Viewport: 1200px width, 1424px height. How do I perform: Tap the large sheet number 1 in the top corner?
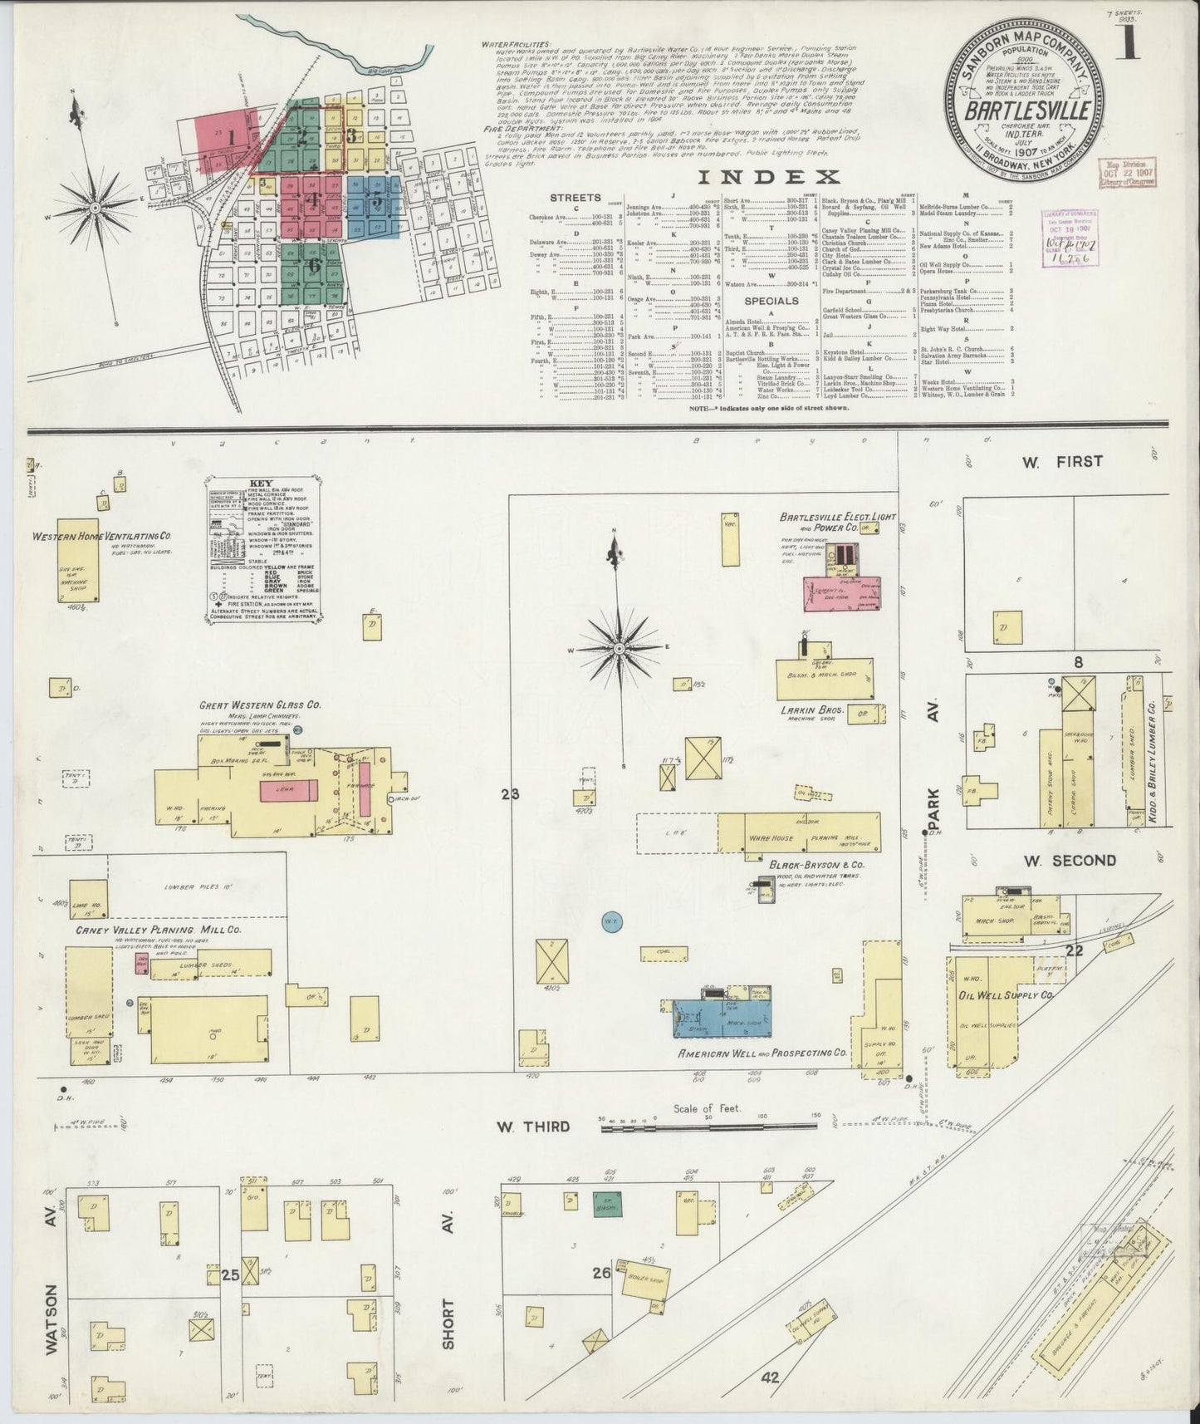click(x=1127, y=41)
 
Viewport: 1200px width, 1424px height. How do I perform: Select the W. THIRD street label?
click(x=534, y=1127)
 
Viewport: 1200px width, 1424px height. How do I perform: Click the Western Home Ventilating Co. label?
click(x=102, y=537)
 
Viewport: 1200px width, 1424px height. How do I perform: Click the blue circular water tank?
click(x=607, y=921)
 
